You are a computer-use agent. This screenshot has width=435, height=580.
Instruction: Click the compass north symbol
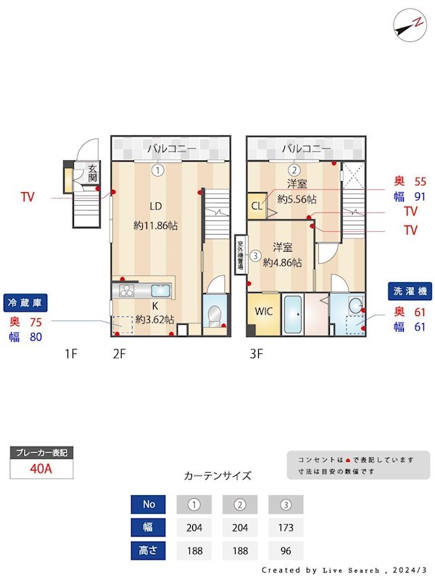[x=410, y=25]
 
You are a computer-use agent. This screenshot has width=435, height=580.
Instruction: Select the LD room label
[x=155, y=204]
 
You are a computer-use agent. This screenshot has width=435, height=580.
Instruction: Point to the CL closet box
[x=256, y=204]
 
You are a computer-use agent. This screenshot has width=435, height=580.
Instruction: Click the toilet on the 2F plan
[x=214, y=315]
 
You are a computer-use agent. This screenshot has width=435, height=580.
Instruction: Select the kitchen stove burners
[x=128, y=291]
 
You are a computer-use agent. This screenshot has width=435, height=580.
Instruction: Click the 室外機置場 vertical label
[x=240, y=254]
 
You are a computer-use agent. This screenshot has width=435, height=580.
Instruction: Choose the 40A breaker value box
[x=41, y=468]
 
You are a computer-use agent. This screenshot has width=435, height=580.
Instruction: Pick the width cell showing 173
[x=286, y=527]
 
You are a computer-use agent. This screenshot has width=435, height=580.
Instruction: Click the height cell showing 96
[x=286, y=550]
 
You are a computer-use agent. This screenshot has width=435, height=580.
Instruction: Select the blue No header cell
[x=148, y=504]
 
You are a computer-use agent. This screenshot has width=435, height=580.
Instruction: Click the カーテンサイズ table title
[x=217, y=476]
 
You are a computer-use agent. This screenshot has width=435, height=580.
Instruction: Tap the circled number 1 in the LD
[x=157, y=170]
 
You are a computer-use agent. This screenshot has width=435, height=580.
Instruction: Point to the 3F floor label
[x=256, y=355]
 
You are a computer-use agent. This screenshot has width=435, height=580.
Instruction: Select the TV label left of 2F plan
[x=28, y=196]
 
